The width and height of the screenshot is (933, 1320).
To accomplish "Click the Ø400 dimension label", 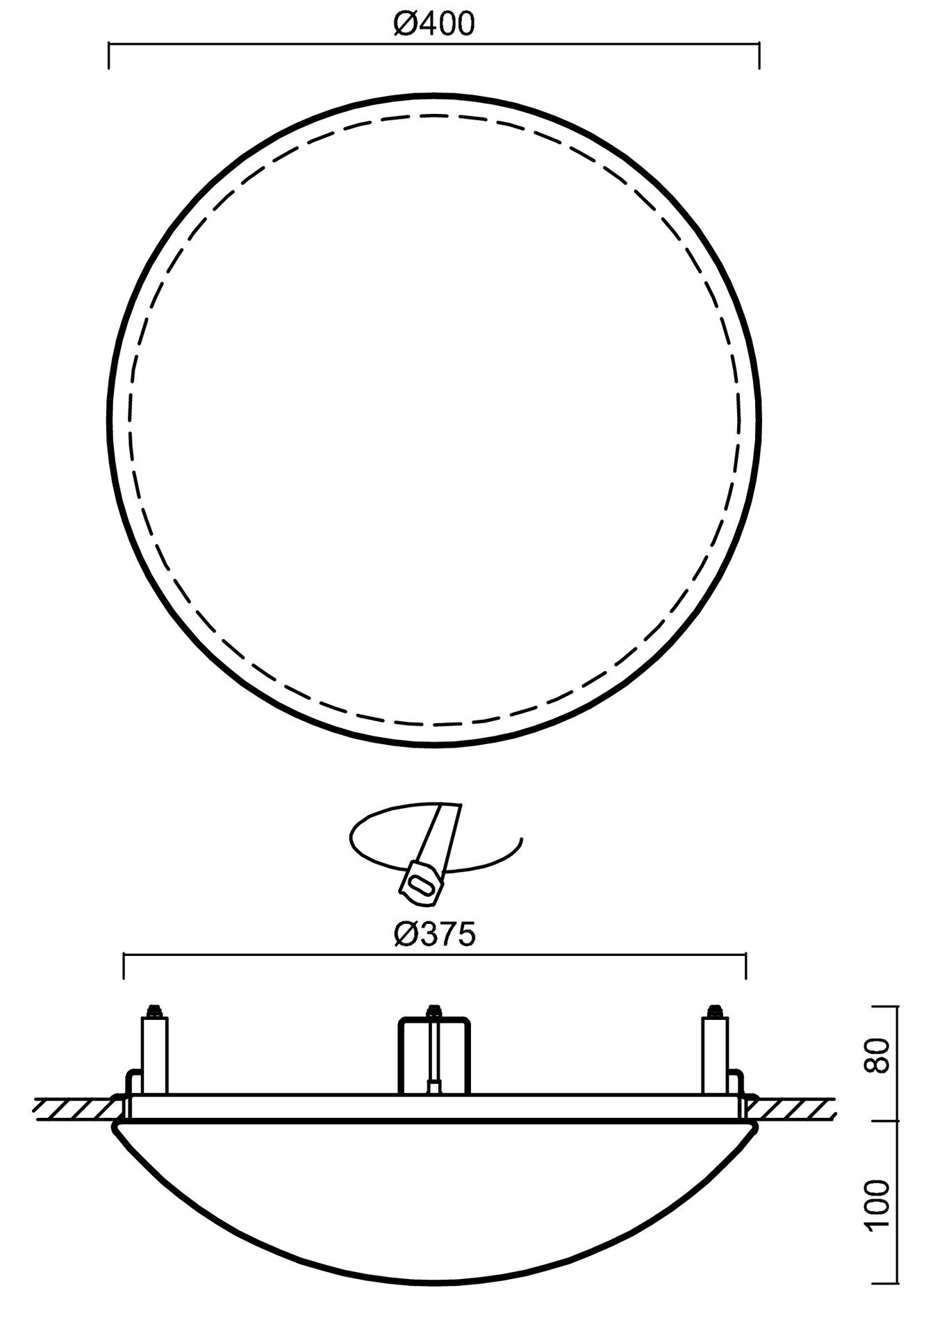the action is click(x=434, y=24).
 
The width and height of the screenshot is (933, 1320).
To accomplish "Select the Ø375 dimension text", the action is click(x=434, y=935).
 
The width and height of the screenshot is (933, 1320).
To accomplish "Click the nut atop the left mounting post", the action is click(x=154, y=1009).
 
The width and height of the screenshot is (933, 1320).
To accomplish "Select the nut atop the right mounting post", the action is click(x=714, y=1009).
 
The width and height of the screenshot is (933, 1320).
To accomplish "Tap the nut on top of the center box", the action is click(x=434, y=1009).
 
